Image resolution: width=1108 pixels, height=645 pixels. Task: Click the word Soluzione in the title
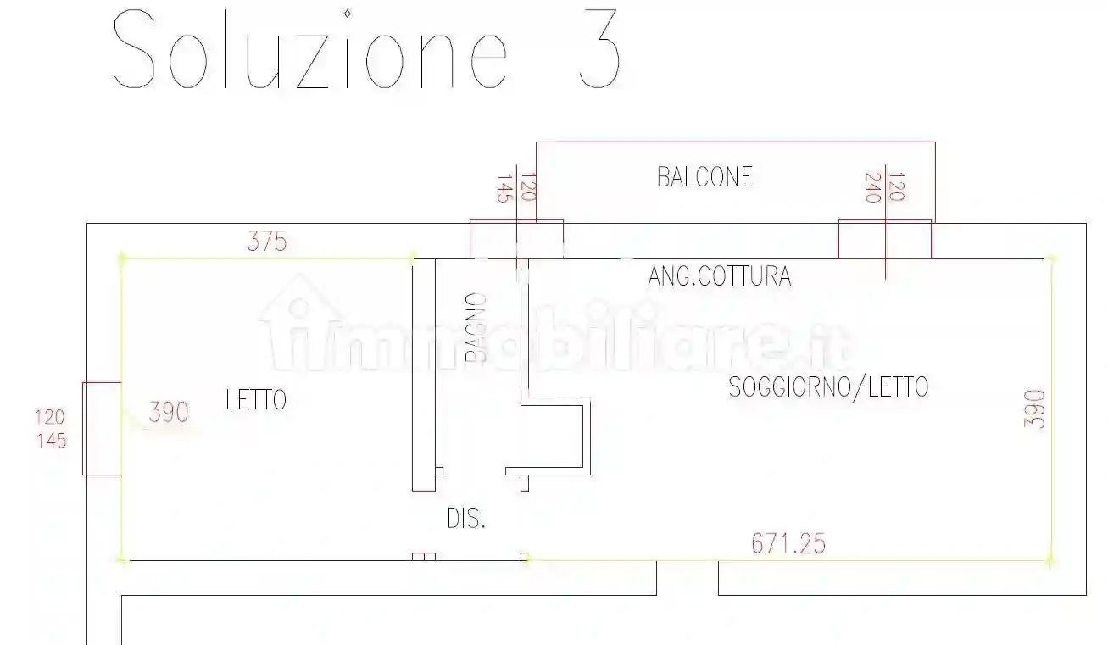click(311, 51)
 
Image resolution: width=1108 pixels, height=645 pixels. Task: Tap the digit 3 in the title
click(600, 51)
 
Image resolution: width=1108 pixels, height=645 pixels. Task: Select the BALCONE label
click(704, 176)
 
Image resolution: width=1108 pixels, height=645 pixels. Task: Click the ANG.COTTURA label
click(720, 276)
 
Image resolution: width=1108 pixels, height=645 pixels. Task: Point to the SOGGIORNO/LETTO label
click(828, 387)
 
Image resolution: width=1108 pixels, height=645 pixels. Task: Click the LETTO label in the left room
click(256, 400)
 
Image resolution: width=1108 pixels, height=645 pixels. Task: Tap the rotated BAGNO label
click(476, 328)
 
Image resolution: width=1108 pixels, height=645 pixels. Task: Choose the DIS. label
click(466, 519)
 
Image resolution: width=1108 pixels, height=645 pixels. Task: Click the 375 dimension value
click(267, 242)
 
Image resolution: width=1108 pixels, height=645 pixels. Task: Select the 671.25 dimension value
click(788, 543)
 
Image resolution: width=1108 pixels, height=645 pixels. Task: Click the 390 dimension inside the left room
click(169, 413)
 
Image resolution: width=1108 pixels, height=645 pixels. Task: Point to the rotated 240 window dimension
click(872, 187)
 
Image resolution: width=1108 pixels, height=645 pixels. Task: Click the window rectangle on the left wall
click(102, 428)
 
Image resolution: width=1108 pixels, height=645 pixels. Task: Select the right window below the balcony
click(885, 238)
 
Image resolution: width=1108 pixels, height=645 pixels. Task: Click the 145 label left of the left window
click(51, 441)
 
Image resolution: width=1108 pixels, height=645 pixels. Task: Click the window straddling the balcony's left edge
click(516, 238)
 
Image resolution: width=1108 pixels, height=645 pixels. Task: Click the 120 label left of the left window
click(51, 417)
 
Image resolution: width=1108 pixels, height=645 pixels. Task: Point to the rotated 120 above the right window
click(898, 187)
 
